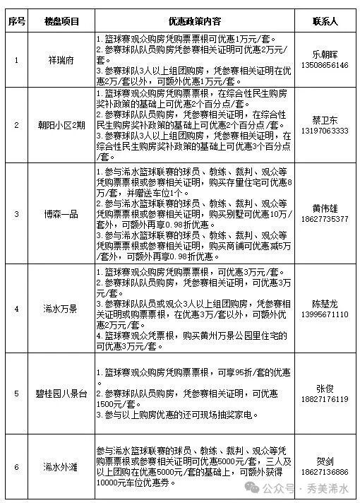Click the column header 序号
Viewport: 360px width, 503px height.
(x=17, y=20)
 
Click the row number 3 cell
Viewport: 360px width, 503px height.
(x=17, y=213)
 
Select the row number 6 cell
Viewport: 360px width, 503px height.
(x=17, y=466)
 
